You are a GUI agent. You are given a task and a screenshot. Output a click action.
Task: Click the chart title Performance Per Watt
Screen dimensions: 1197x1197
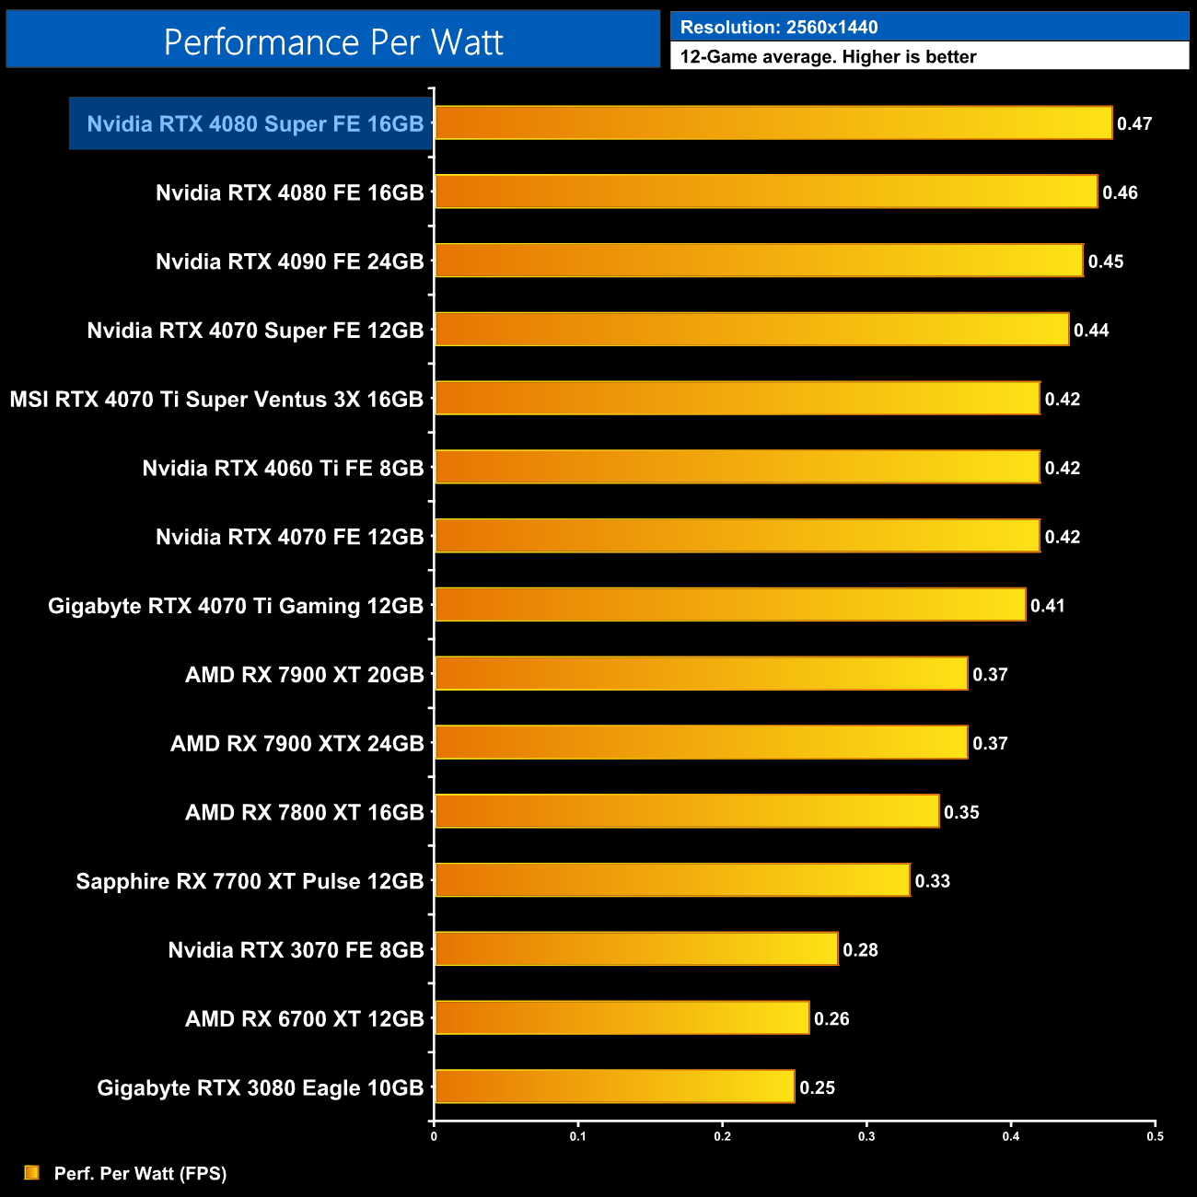coord(333,41)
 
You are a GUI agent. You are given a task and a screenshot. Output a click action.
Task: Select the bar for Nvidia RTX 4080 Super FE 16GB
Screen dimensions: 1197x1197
coord(773,123)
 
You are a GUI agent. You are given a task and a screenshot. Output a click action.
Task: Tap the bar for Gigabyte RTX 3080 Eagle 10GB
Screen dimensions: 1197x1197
coord(614,1087)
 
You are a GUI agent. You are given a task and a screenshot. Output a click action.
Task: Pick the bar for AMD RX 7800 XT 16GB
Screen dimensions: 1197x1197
coord(687,811)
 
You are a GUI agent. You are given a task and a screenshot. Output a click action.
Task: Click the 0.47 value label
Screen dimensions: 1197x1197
coord(1134,123)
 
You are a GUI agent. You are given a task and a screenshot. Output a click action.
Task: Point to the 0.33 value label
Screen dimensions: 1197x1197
coord(932,881)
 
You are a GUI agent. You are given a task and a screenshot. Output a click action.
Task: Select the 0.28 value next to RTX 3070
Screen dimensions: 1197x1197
coord(860,950)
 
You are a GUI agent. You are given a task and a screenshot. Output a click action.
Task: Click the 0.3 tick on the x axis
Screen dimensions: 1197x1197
coord(866,1136)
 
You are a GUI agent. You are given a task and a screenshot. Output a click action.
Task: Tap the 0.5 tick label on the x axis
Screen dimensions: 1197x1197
coord(1155,1136)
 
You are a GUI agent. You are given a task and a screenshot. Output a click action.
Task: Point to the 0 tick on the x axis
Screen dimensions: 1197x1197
coord(434,1136)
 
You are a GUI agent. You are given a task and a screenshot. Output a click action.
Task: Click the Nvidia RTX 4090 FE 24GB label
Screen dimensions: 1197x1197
coord(289,261)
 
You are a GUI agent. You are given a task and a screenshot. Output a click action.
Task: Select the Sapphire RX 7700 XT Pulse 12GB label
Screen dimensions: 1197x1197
coord(250,881)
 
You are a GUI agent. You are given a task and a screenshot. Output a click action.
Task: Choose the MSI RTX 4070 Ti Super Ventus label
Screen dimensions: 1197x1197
coord(216,399)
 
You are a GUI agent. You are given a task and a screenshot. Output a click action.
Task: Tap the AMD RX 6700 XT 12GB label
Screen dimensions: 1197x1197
coord(304,1018)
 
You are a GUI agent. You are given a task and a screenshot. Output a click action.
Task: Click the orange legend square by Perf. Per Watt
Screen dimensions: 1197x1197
coord(32,1172)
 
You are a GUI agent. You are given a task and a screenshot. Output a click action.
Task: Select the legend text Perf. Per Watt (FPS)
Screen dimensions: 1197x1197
coord(140,1173)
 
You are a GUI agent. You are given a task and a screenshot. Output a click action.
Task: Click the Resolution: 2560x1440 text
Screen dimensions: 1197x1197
coord(779,27)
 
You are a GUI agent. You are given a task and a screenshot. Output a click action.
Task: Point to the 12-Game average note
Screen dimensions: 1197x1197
coord(828,56)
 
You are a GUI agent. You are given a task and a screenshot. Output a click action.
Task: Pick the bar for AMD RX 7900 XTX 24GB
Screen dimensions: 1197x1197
coord(701,742)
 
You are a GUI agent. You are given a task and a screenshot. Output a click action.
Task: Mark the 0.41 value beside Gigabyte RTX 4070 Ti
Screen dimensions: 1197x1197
coord(1047,606)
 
